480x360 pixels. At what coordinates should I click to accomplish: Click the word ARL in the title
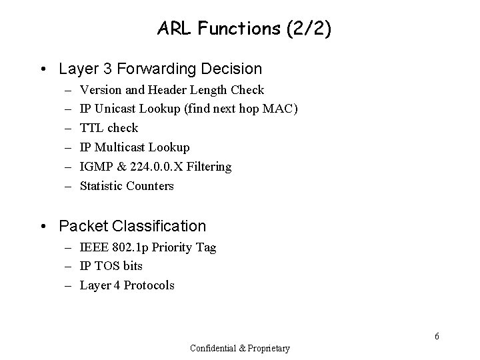tap(173, 29)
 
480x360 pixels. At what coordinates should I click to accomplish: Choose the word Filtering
tap(209, 167)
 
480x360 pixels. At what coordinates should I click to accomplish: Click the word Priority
tap(175, 247)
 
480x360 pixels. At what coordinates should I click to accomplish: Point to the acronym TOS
tap(105, 266)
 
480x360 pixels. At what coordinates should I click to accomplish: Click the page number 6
tap(437, 336)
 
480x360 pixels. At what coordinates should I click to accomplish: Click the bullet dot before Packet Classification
tap(44, 226)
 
